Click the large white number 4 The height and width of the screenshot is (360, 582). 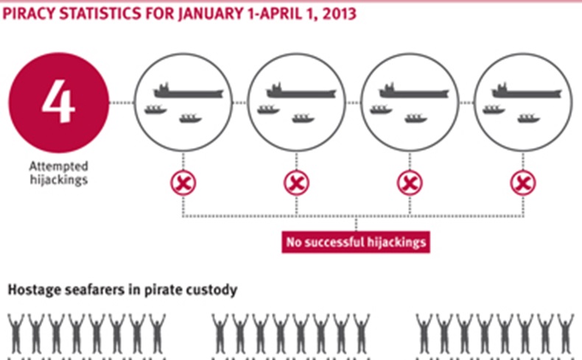click(59, 101)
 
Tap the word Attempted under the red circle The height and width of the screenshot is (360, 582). click(59, 166)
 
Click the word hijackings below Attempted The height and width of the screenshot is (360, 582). click(59, 180)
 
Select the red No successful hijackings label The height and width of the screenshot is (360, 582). click(356, 242)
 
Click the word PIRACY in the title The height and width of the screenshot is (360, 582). click(29, 14)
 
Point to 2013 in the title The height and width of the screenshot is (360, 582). click(339, 14)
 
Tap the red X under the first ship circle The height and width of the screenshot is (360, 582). click(183, 183)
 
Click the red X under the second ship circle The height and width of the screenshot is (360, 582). click(296, 183)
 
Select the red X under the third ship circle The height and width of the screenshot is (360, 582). click(410, 183)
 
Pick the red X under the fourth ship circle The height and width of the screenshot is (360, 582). click(522, 183)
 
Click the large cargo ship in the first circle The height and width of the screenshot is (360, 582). click(189, 91)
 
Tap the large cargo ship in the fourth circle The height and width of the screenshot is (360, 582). click(527, 91)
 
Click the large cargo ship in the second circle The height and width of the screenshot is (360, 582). click(301, 91)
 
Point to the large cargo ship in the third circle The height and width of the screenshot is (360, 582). click(414, 91)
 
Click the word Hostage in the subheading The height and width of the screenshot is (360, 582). click(34, 290)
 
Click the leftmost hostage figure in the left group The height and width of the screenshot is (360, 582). click(16, 334)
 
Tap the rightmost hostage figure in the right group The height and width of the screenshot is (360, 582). click(565, 334)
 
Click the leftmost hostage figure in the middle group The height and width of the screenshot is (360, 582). click(220, 334)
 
